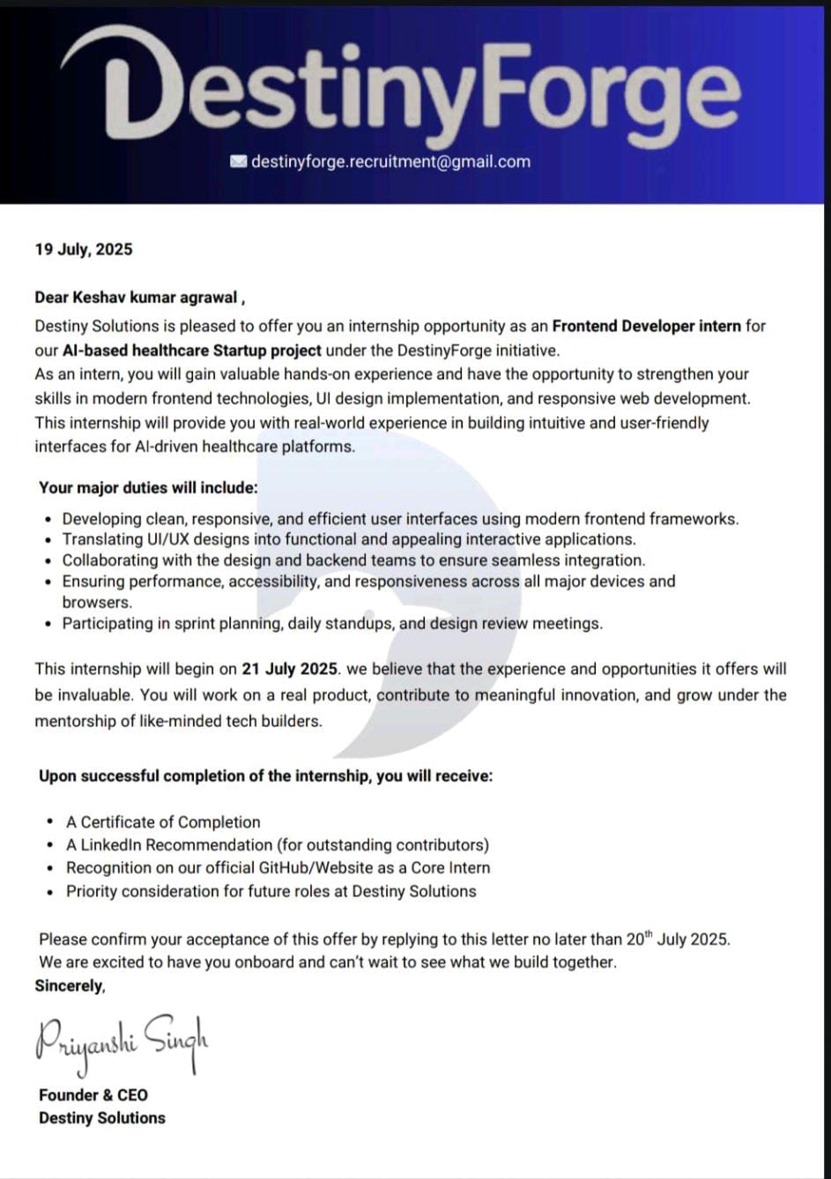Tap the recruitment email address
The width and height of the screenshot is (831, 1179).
tap(390, 161)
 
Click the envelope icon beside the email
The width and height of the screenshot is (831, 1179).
tap(238, 161)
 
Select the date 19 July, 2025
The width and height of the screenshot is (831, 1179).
tap(84, 249)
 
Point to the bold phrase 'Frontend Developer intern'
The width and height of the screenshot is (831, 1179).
tap(647, 326)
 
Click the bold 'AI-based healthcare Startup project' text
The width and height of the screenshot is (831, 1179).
tap(191, 350)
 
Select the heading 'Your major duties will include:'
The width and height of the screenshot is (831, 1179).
tap(148, 487)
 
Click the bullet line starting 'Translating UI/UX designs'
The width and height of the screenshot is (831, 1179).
tap(348, 539)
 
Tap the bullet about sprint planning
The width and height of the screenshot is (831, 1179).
tap(332, 624)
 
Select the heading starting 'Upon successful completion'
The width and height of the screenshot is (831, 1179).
tap(265, 776)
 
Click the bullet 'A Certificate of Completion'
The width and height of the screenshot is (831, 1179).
tap(163, 822)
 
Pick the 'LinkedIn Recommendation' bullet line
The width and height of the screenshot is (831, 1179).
tap(278, 845)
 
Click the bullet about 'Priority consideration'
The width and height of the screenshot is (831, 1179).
tap(271, 891)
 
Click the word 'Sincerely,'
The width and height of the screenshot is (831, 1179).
tap(70, 986)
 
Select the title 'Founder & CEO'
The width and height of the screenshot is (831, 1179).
tap(93, 1095)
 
